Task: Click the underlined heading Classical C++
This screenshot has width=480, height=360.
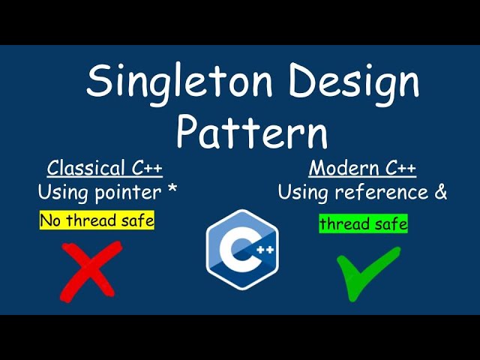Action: [104, 166]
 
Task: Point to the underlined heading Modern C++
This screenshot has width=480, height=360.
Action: [362, 166]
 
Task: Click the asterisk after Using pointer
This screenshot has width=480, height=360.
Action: [172, 190]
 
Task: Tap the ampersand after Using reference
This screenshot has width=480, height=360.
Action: [440, 192]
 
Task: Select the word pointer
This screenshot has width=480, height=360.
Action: [129, 193]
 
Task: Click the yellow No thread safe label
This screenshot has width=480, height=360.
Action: [97, 220]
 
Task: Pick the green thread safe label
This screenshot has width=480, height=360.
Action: [364, 223]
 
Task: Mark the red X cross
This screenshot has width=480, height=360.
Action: [91, 269]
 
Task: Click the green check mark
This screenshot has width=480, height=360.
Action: [367, 272]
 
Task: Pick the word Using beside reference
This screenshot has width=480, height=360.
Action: [304, 192]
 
